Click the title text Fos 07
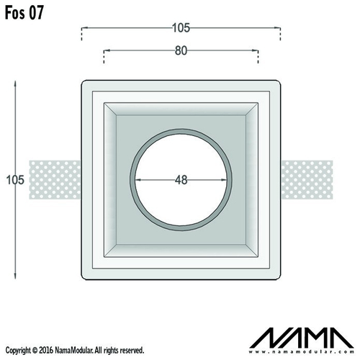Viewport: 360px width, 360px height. click(24, 12)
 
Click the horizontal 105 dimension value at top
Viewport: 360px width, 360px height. click(181, 28)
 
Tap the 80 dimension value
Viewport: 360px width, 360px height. click(181, 50)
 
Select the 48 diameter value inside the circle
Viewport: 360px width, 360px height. click(181, 180)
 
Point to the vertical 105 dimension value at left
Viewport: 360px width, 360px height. click(15, 180)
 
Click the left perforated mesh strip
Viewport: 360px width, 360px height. click(55, 180)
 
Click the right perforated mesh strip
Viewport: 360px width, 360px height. click(307, 180)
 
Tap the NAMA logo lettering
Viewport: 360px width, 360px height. click(302, 338)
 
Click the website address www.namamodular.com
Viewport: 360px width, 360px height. click(302, 352)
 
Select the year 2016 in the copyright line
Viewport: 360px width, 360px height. click(46, 350)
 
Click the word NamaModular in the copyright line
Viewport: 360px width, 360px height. click(74, 350)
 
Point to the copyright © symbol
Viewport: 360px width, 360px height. click(35, 351)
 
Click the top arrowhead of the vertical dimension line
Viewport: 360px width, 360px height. click(15, 83)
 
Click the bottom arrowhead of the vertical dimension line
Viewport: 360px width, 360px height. click(15, 277)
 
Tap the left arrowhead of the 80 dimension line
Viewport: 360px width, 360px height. click(106, 50)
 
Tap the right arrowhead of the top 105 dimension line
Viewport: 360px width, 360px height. click(278, 28)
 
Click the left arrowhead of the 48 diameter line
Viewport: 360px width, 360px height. click(138, 180)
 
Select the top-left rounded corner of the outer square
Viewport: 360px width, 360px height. click(83, 82)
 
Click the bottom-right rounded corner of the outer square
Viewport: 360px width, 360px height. click(279, 278)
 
